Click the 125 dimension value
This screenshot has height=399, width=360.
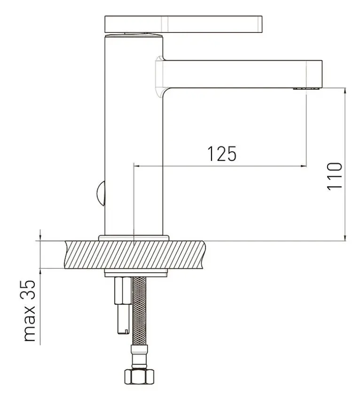pyautogui.click(x=222, y=154)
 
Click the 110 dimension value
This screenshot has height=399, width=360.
pyautogui.click(x=334, y=176)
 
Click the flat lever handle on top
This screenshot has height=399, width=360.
pyautogui.click(x=183, y=24)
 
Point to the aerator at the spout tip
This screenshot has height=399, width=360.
pyautogui.click(x=306, y=89)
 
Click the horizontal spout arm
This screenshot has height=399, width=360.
pyautogui.click(x=242, y=74)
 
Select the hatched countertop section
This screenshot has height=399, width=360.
pyautogui.click(x=134, y=254)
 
